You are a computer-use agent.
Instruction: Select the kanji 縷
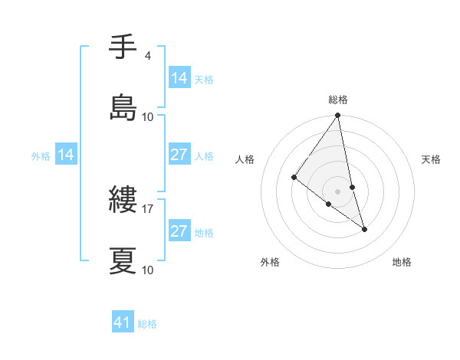click(x=123, y=201)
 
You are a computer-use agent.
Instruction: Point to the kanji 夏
click(x=123, y=260)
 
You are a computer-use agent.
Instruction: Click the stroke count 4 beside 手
click(x=147, y=56)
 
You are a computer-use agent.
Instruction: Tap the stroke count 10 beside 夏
click(x=148, y=270)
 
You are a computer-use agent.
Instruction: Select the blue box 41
click(x=123, y=323)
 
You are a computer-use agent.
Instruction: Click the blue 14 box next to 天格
click(x=179, y=78)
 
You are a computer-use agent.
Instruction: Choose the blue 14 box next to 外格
click(x=66, y=155)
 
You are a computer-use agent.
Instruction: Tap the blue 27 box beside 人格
click(x=179, y=155)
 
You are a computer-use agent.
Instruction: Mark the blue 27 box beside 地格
click(x=179, y=231)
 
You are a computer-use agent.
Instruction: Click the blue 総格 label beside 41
click(x=147, y=324)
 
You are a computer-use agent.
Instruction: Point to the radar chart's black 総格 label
click(x=338, y=100)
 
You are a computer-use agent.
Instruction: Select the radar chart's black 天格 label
click(x=432, y=159)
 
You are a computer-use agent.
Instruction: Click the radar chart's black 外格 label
click(x=270, y=262)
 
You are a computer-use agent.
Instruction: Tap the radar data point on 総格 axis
click(x=338, y=116)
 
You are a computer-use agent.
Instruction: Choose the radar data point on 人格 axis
click(x=294, y=177)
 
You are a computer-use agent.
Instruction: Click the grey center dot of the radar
click(x=338, y=191)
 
